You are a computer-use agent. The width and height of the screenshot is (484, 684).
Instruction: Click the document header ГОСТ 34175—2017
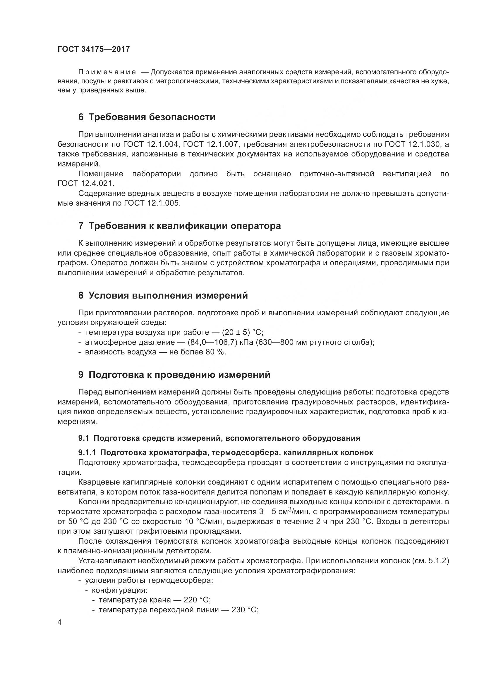click(94, 49)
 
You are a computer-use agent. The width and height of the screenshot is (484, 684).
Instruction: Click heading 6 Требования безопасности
click(147, 117)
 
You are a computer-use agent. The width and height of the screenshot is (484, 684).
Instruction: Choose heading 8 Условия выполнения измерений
click(163, 296)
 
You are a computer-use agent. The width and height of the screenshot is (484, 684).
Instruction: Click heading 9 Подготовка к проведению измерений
click(174, 375)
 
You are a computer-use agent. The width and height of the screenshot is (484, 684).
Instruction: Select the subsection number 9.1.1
click(87, 452)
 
